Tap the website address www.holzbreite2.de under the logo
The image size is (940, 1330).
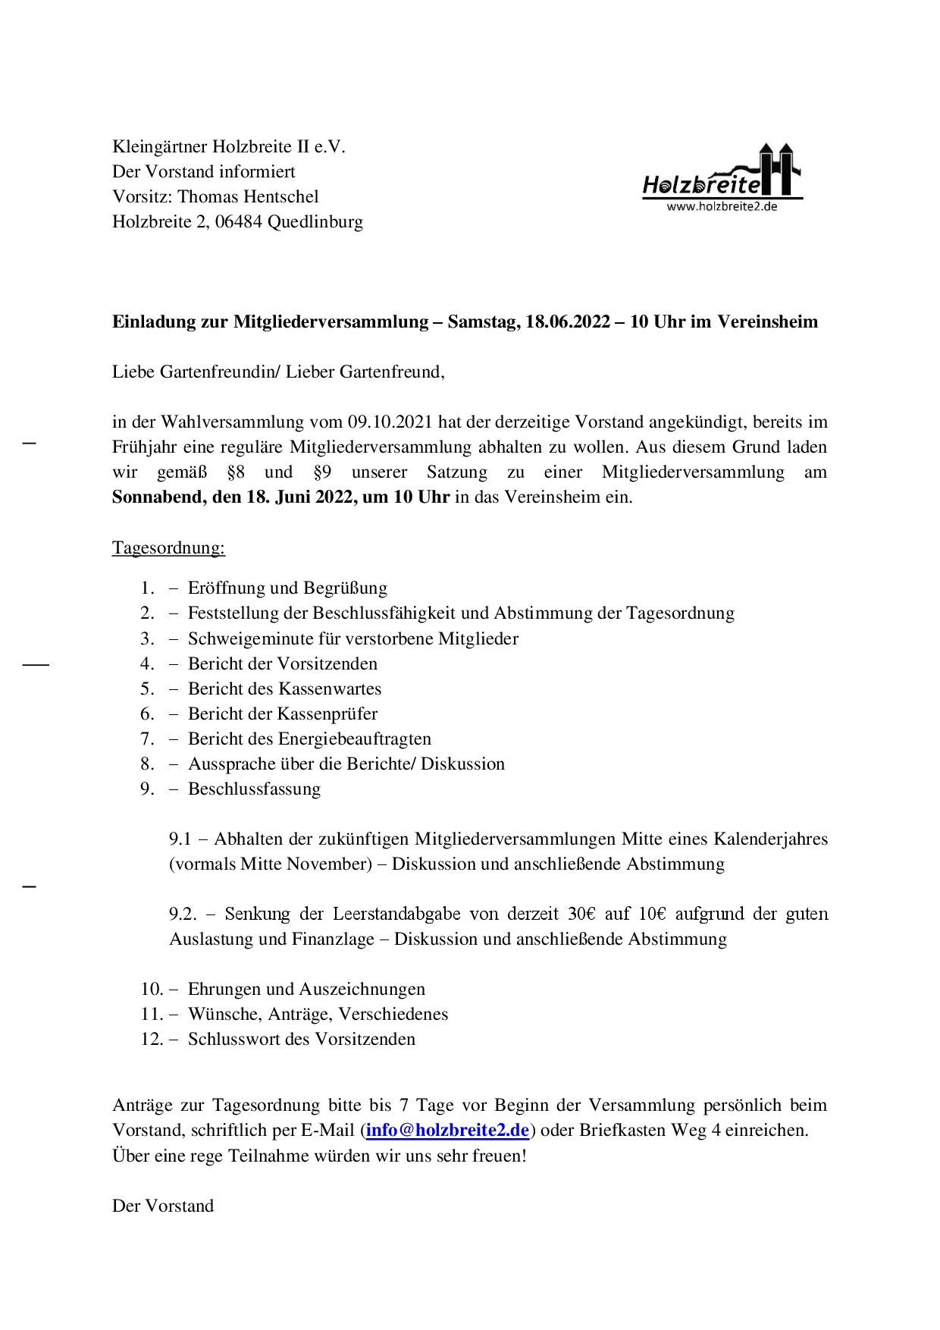[x=722, y=206]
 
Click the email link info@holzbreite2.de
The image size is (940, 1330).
[x=447, y=1130]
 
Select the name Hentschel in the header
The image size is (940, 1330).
[x=284, y=196]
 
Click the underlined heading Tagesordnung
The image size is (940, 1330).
[x=168, y=547]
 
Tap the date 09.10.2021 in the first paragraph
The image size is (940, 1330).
[x=390, y=422]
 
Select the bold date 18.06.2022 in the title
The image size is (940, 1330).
[x=568, y=322]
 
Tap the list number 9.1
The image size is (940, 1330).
[x=180, y=839]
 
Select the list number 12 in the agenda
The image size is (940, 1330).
[x=152, y=1039]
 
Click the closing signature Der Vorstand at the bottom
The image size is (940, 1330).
[x=163, y=1206]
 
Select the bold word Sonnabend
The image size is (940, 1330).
[x=153, y=497]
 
